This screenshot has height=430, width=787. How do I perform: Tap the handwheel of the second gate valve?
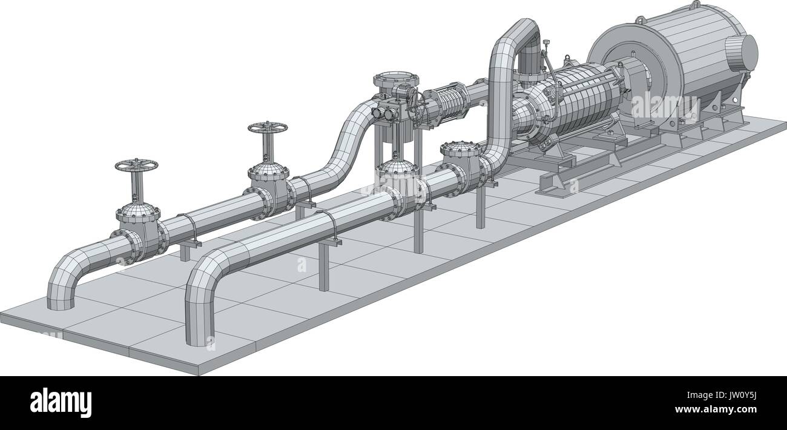coord(267,128)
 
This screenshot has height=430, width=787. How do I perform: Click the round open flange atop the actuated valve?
coord(397,79)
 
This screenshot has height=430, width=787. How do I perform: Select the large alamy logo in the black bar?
coord(61,402)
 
